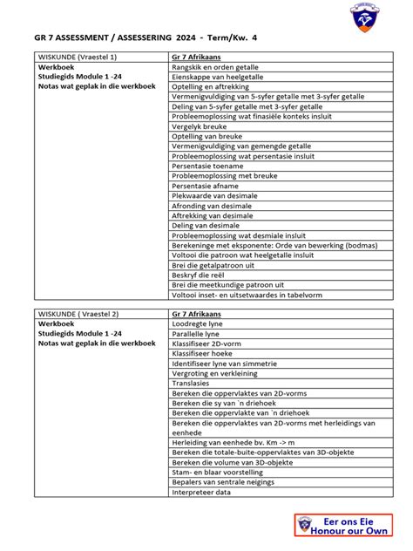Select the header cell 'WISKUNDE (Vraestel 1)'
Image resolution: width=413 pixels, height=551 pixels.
(77, 57)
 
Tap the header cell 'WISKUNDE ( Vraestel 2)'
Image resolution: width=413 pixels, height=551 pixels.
(78, 314)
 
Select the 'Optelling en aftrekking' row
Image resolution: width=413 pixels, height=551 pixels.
(210, 86)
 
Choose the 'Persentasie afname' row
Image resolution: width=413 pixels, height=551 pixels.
(205, 186)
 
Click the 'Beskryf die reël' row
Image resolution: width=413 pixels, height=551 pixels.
(200, 275)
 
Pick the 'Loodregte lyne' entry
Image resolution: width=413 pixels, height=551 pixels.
(197, 323)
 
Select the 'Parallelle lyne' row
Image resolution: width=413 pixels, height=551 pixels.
(196, 334)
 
